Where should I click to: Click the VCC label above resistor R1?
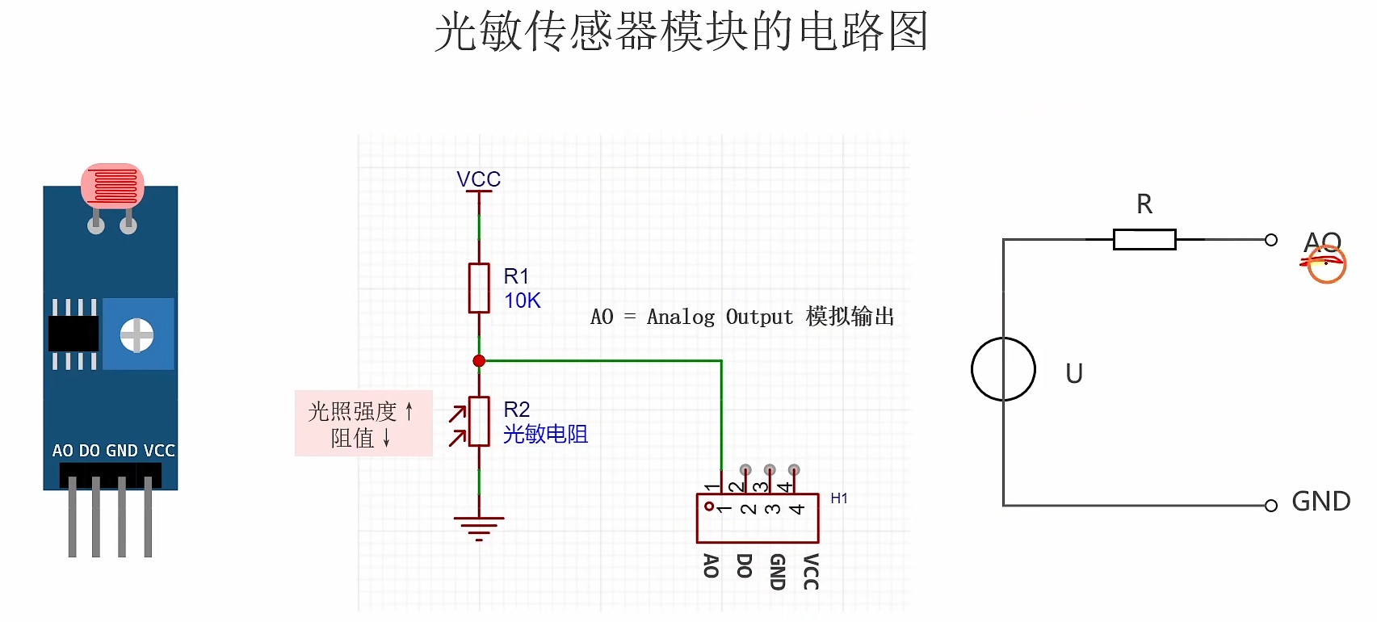coord(478,179)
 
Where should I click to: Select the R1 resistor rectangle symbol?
coord(479,288)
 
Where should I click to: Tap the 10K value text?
coord(522,301)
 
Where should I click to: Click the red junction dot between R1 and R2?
coord(479,361)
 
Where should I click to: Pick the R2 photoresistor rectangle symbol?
coord(479,421)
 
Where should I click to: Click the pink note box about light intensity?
coord(363,423)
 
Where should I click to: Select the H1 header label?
coord(839,498)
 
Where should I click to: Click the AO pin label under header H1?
coord(711,565)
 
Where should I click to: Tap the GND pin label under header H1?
coord(777,571)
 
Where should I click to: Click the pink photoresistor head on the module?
coord(112,185)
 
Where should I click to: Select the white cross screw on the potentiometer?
coord(136,335)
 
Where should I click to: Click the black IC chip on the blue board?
coord(73,334)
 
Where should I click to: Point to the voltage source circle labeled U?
coord(1003,369)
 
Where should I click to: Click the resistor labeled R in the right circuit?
coord(1144,239)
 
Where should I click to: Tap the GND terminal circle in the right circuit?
coord(1270,506)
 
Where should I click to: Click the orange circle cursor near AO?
coord(1326,264)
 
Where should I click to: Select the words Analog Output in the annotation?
coord(720,317)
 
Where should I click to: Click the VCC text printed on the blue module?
coord(159,451)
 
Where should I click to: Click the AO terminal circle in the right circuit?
coord(1270,240)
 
